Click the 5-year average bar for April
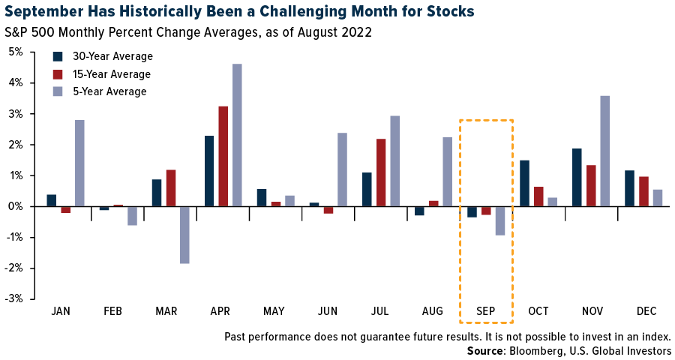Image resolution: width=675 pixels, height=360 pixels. tap(237, 135)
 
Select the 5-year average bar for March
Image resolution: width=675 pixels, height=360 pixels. tap(184, 235)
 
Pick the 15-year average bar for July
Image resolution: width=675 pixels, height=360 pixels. tap(381, 172)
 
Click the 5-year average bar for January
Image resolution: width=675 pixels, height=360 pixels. tap(79, 163)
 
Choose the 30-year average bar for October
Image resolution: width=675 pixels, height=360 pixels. tap(524, 183)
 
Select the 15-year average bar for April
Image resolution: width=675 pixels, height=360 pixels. tap(223, 156)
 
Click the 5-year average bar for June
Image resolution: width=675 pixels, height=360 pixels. tap(342, 169)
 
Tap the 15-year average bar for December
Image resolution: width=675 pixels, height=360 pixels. tap(643, 191)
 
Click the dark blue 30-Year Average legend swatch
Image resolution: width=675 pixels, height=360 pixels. tap(58, 56)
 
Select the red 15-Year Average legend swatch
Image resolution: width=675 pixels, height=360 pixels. tap(58, 74)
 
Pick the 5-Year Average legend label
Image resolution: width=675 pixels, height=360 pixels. tap(109, 91)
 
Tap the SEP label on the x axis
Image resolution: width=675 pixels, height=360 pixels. tap(485, 310)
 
